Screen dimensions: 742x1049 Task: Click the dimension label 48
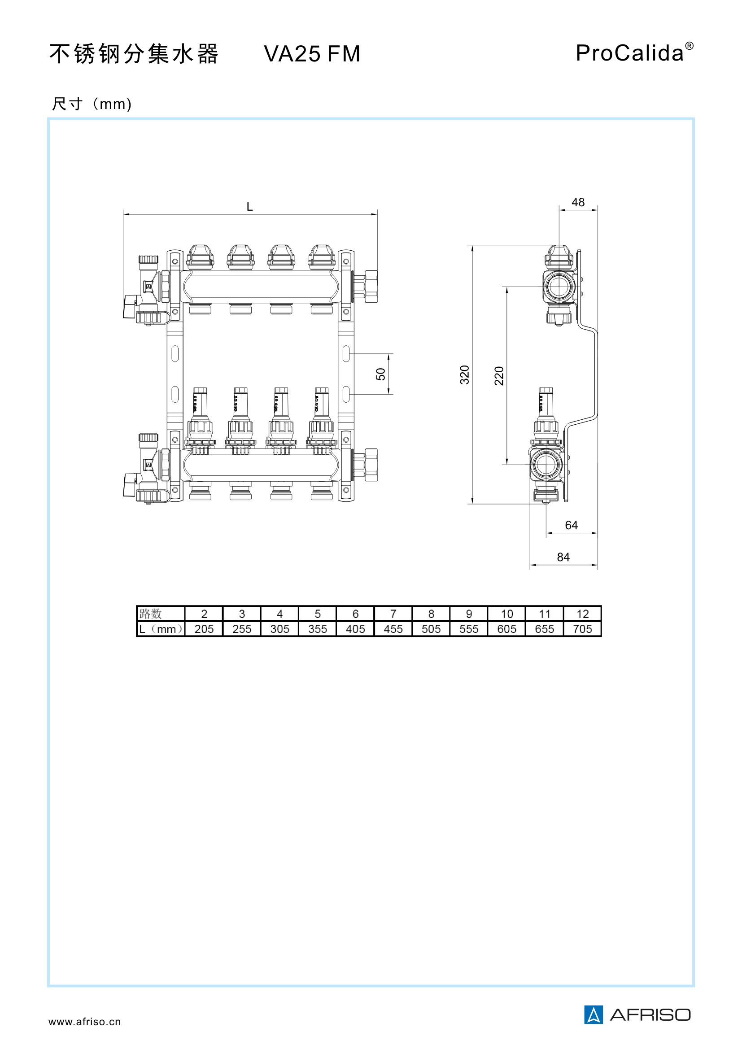[578, 202]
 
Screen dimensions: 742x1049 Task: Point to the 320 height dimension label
[465, 374]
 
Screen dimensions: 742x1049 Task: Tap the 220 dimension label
[499, 376]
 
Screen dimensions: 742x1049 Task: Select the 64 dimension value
[571, 525]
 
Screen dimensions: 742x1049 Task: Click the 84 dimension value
[563, 557]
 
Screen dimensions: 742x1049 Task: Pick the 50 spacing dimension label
[380, 374]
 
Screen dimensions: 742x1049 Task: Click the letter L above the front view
[249, 206]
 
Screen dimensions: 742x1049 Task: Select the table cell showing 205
[204, 629]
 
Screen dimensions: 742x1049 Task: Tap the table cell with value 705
[583, 629]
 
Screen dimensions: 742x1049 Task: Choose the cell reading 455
[393, 629]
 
